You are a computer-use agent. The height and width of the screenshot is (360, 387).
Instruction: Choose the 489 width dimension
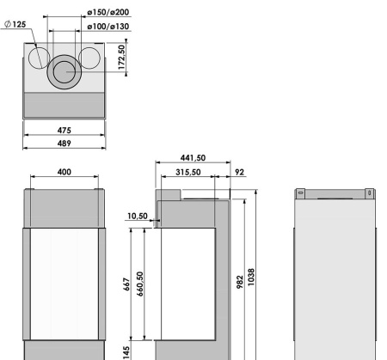click(x=64, y=144)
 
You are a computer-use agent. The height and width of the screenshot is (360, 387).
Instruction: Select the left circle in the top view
click(x=39, y=58)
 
